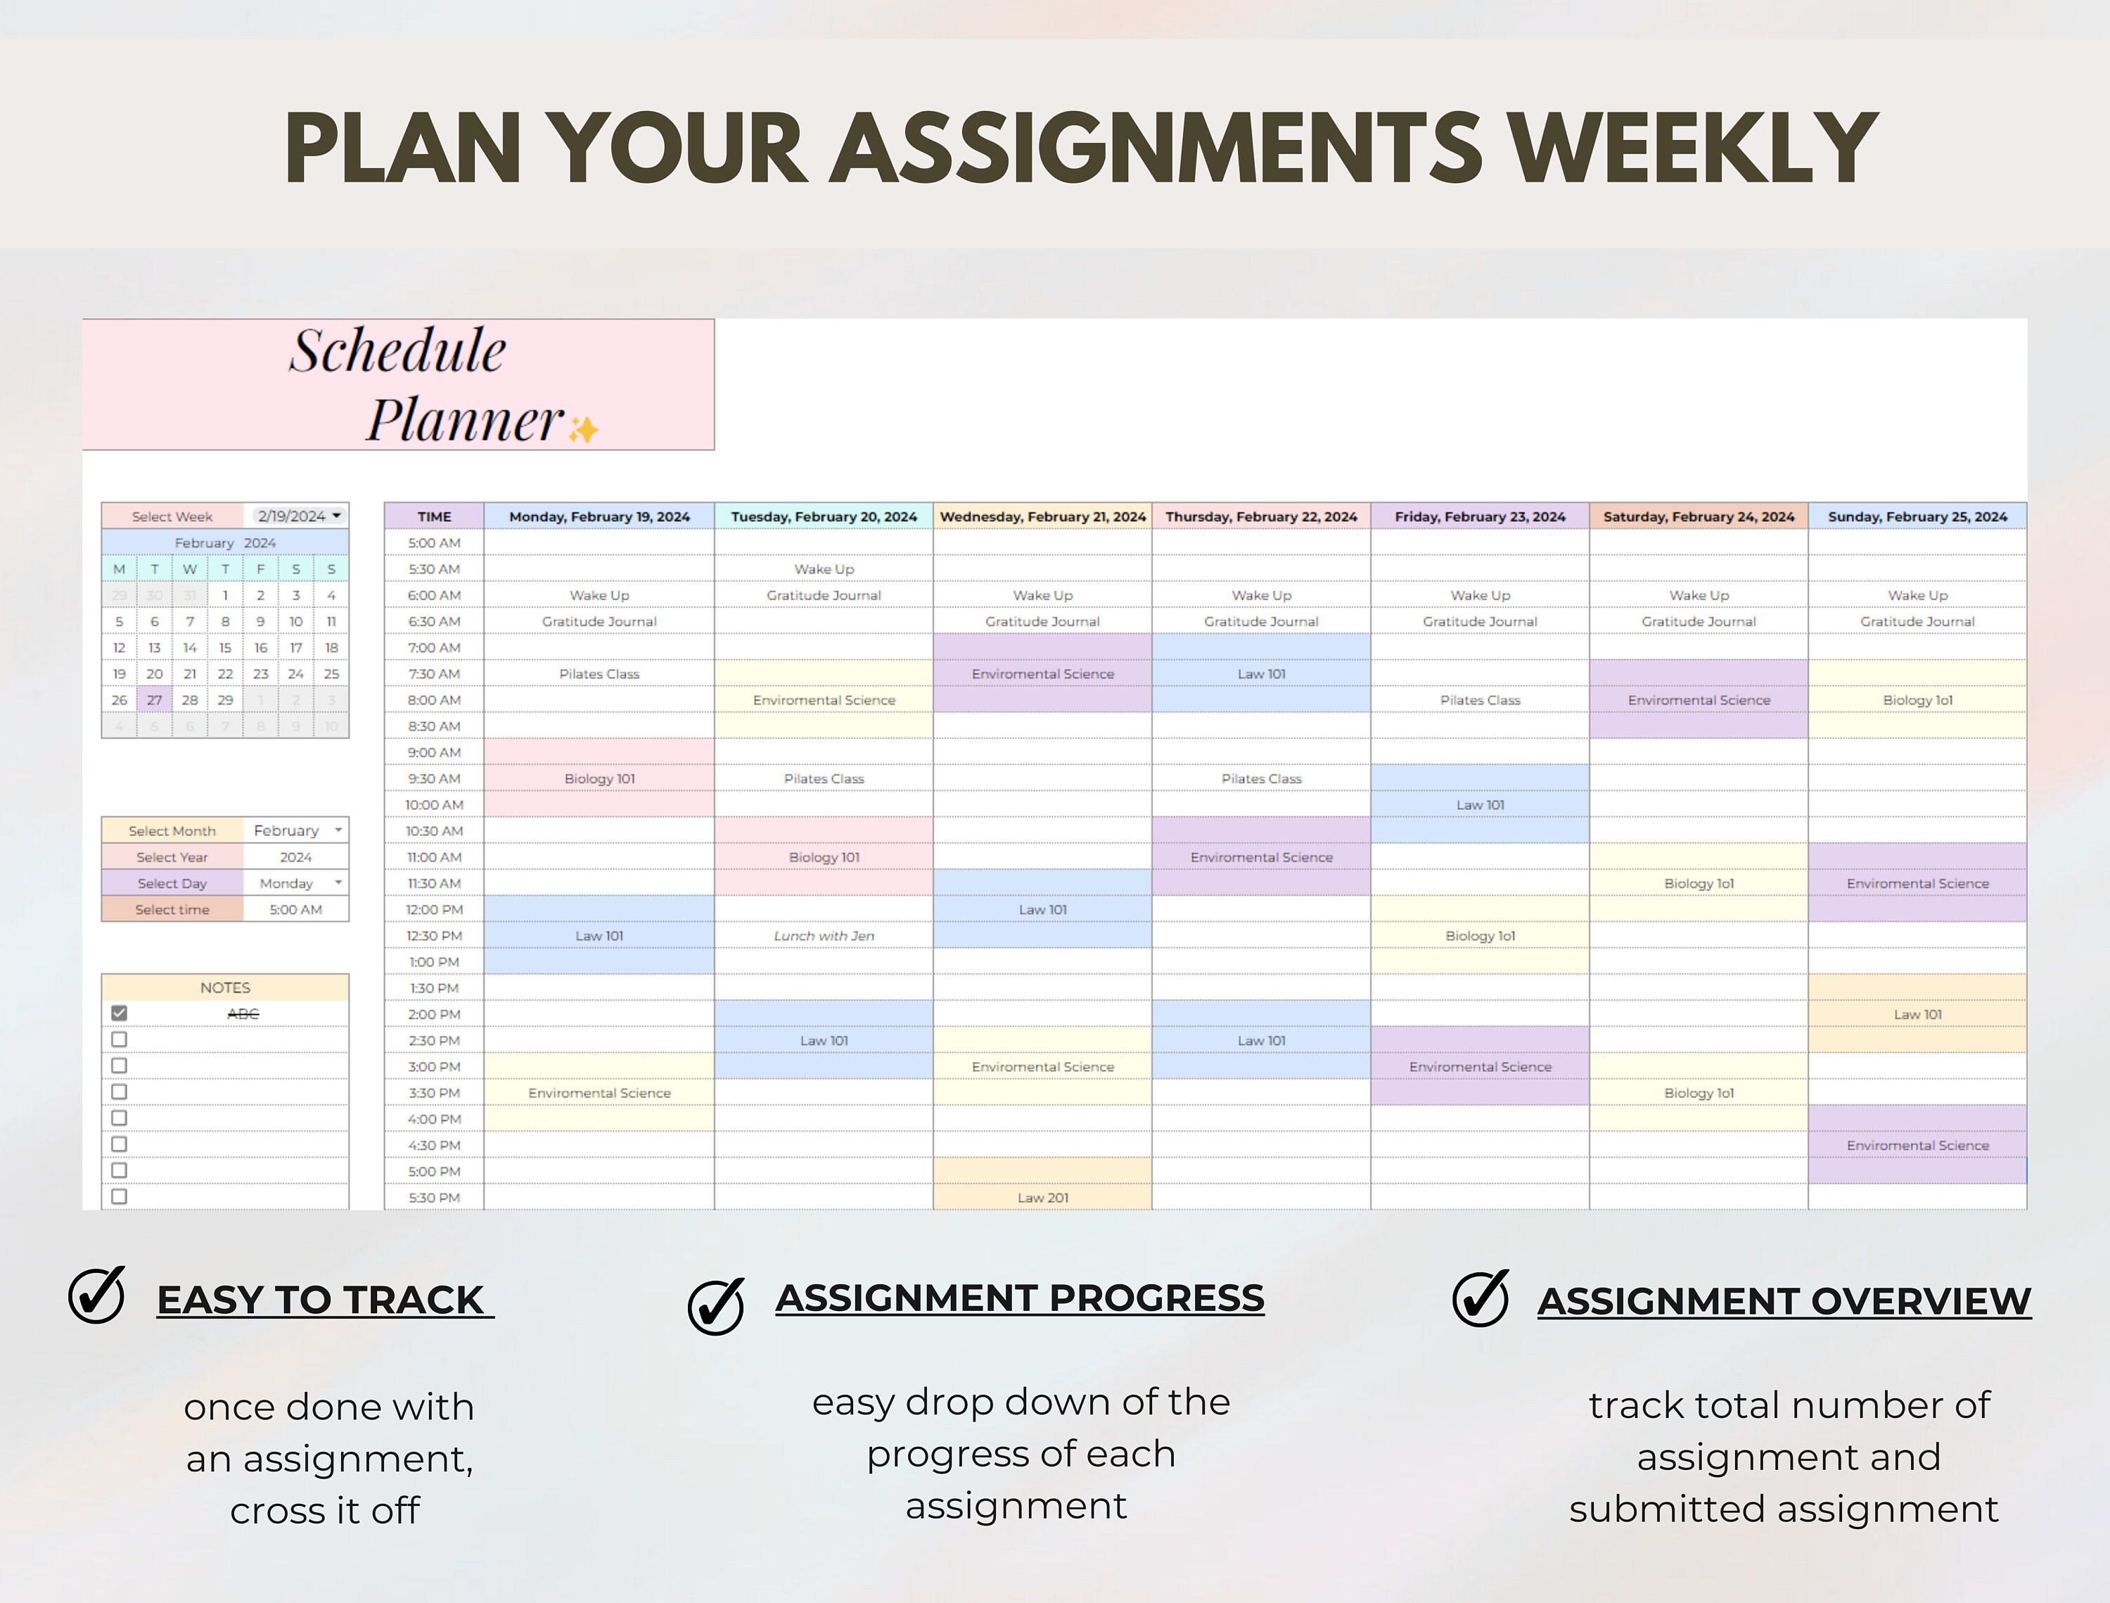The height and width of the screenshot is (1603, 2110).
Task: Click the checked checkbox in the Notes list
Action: tap(120, 1013)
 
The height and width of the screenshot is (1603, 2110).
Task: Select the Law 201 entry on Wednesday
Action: tap(1042, 1198)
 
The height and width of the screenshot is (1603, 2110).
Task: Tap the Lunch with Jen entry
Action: tap(823, 936)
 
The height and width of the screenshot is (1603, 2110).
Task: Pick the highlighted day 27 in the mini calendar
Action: tap(155, 700)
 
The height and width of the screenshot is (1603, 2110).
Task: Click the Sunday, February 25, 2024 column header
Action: tap(1917, 517)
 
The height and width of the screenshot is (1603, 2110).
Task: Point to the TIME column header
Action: tap(434, 517)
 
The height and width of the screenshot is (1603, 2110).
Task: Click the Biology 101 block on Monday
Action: tap(599, 778)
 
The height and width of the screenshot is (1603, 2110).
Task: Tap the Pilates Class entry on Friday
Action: tap(1480, 700)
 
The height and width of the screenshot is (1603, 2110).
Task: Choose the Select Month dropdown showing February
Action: tap(295, 831)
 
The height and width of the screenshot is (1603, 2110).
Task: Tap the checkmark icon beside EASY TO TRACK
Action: tap(96, 1295)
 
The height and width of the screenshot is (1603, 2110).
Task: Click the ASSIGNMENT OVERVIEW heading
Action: tap(1784, 1302)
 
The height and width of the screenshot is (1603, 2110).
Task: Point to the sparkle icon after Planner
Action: tap(583, 431)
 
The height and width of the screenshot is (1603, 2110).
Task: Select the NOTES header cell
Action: tap(225, 987)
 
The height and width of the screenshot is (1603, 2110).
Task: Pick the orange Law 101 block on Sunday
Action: tap(1917, 1014)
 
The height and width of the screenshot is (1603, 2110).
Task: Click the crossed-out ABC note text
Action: tap(243, 1013)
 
